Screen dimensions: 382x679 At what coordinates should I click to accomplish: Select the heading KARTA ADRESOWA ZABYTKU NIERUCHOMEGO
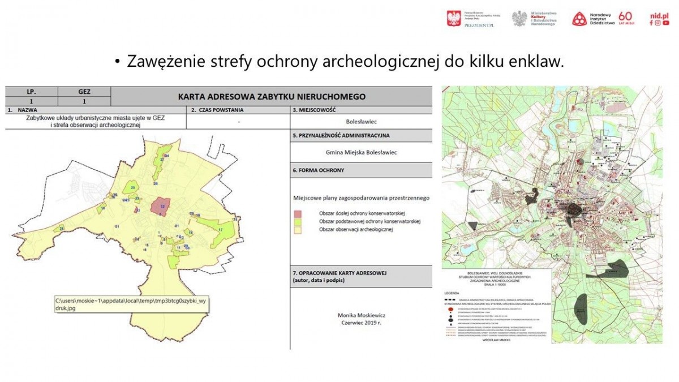pos(272,96)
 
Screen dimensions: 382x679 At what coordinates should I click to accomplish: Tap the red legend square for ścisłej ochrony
pos(298,213)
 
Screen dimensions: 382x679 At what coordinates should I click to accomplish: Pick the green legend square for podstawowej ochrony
pos(298,221)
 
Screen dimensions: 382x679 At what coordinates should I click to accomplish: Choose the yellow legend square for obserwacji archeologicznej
pos(298,229)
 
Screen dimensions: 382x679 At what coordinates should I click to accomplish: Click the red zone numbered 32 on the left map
pos(162,207)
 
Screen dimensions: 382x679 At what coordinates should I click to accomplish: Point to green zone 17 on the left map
pos(220,229)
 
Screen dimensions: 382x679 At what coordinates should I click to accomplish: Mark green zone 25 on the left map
pos(133,187)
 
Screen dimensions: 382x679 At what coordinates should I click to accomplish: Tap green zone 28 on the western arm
pos(62,228)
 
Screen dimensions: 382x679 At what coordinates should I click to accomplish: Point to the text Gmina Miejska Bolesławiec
pos(361,152)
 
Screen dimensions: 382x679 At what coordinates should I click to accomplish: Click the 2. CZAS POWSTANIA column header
pos(217,110)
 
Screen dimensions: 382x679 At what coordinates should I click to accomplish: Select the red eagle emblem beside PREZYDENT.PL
pos(454,18)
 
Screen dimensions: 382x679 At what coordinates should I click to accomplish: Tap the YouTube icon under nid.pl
pos(666,23)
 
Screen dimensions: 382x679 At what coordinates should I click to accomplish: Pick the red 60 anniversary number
pos(625,16)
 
